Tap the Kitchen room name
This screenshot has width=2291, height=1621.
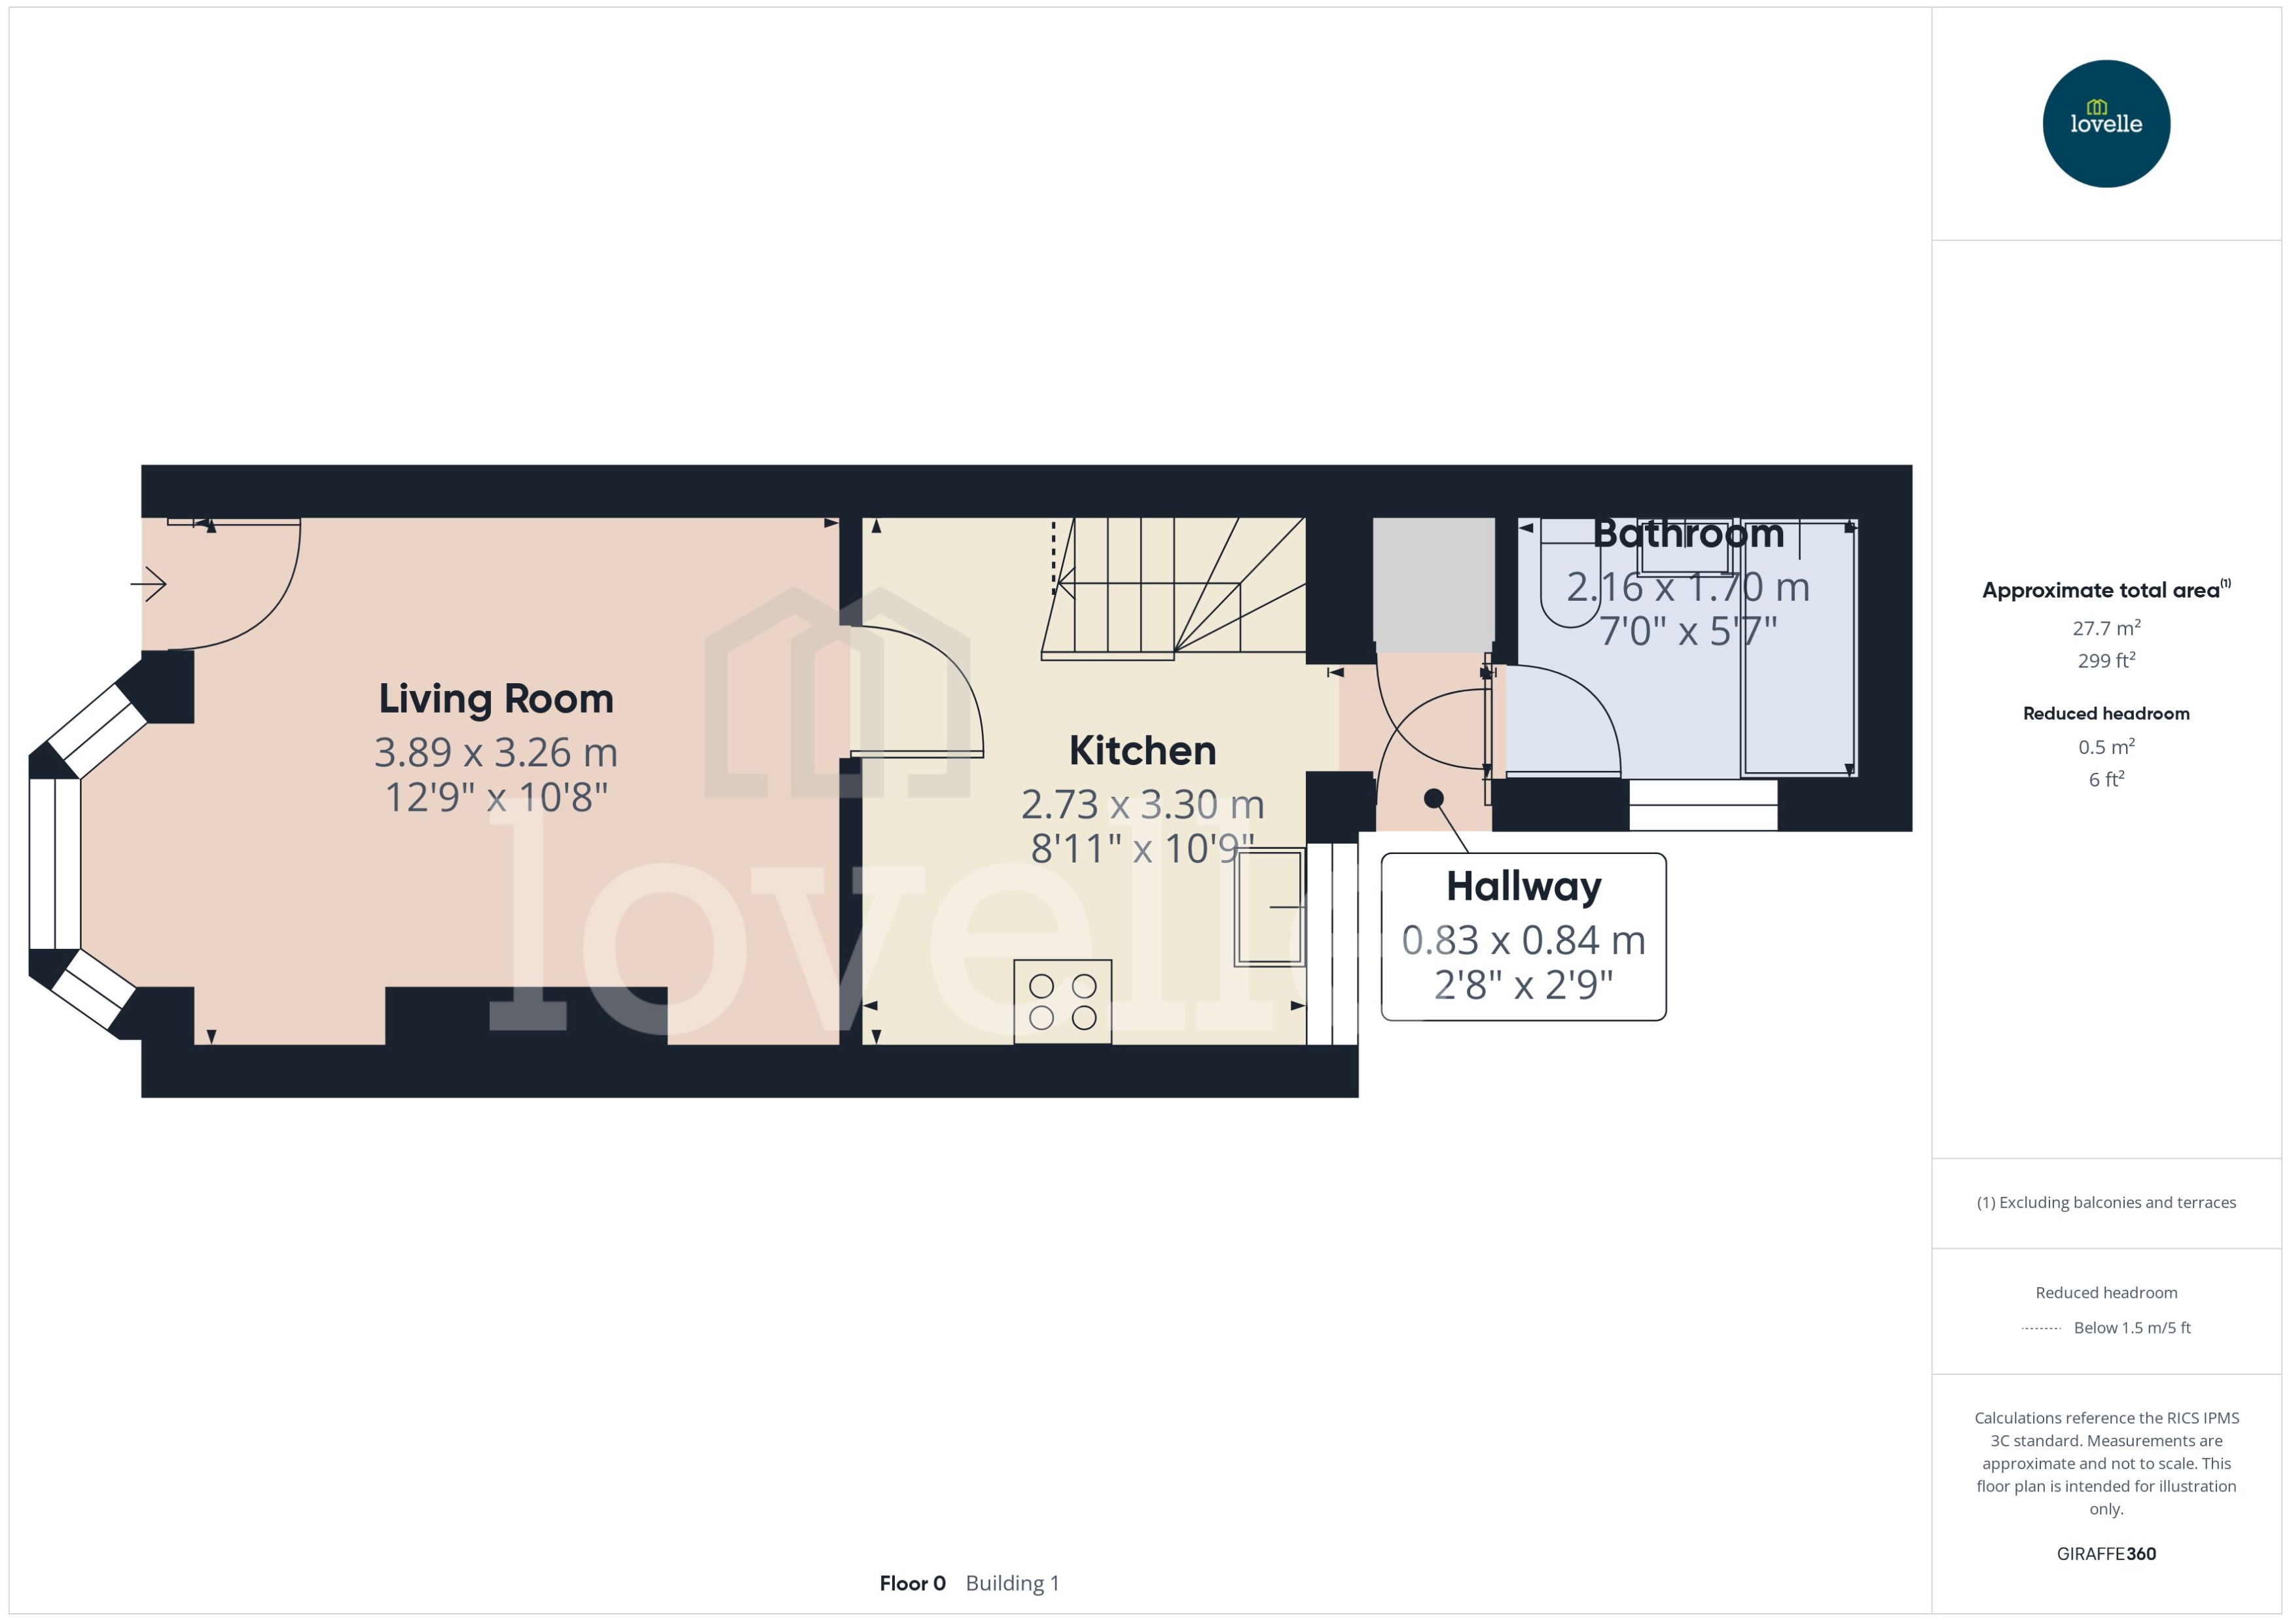pyautogui.click(x=1142, y=751)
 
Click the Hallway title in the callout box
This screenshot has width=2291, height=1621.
pyautogui.click(x=1523, y=886)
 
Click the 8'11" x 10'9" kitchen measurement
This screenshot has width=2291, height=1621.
pyautogui.click(x=1142, y=848)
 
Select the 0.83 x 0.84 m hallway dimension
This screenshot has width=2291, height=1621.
pyautogui.click(x=1523, y=940)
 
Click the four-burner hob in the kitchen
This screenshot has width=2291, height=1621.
pyautogui.click(x=1062, y=1001)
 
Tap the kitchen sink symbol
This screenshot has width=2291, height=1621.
pyautogui.click(x=1269, y=906)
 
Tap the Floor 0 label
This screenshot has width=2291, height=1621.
pyautogui.click(x=911, y=1583)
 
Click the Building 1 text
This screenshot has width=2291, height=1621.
pyautogui.click(x=1012, y=1583)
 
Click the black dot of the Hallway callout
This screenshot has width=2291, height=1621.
pyautogui.click(x=1434, y=798)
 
